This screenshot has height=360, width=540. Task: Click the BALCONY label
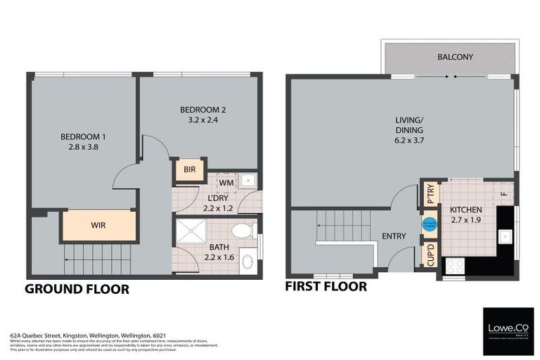pyautogui.click(x=455, y=56)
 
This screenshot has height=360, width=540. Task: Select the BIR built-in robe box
pyautogui.click(x=189, y=169)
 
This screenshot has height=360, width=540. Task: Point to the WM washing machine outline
pyautogui.click(x=226, y=183)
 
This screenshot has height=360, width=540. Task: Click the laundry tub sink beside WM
pyautogui.click(x=247, y=181)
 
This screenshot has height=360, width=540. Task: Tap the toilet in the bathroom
pyautogui.click(x=241, y=231)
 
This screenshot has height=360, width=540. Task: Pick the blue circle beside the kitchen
pyautogui.click(x=427, y=225)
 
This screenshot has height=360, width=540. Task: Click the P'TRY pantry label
pyautogui.click(x=430, y=194)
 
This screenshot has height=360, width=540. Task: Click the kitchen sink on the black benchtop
pyautogui.click(x=505, y=237)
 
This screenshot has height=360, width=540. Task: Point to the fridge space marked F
pyautogui.click(x=503, y=193)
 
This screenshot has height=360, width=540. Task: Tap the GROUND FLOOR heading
pyautogui.click(x=77, y=288)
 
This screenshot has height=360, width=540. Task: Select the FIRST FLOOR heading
pyautogui.click(x=326, y=286)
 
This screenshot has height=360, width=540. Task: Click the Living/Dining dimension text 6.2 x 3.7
pyautogui.click(x=409, y=141)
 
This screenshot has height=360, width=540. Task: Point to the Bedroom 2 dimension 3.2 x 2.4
pyautogui.click(x=202, y=120)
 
